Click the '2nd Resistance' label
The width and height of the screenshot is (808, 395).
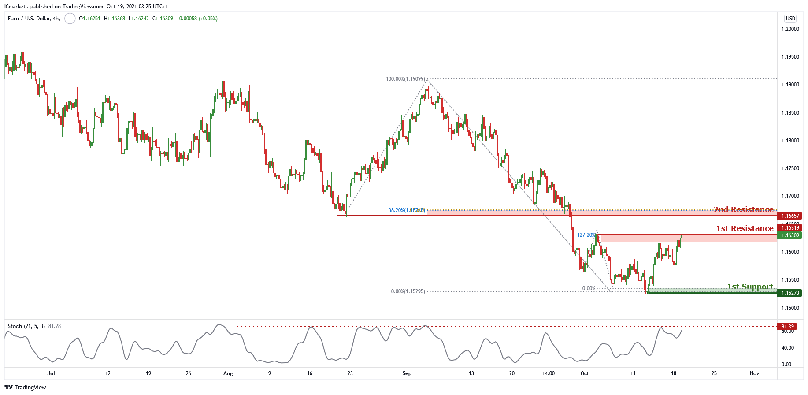[x=743, y=209]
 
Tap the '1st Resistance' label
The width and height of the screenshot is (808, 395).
[x=745, y=228]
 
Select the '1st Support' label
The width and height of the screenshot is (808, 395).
[x=750, y=287]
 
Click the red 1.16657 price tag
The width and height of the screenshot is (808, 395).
[x=790, y=216]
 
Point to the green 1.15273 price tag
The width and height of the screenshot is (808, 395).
[x=790, y=293]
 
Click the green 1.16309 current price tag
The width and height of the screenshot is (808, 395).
[x=790, y=235]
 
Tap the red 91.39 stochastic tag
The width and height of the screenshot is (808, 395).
[x=787, y=327]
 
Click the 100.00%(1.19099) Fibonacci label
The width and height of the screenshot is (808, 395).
[x=405, y=79]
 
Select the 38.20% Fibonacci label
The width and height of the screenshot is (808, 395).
[x=407, y=210]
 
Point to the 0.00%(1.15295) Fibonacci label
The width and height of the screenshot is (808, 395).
[x=408, y=291]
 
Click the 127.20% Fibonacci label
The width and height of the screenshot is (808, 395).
[x=586, y=235]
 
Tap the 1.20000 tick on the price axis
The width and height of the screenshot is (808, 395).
[x=790, y=29]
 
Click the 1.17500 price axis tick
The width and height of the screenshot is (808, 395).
[x=790, y=168]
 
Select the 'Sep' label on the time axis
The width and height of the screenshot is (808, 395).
[x=407, y=373]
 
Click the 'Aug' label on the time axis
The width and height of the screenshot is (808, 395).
[x=228, y=373]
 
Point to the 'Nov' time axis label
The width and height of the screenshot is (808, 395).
[x=754, y=373]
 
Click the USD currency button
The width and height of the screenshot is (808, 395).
[x=790, y=19]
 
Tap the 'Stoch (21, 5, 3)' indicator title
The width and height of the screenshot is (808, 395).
[x=26, y=326]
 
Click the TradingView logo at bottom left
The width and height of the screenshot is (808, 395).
[x=26, y=387]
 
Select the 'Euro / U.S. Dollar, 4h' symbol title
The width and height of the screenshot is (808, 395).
[x=34, y=19]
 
